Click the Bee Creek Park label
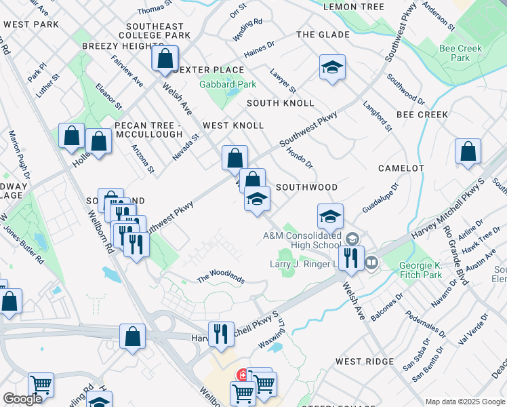point(460,53)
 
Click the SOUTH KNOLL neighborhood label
point(281,103)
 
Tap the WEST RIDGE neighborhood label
point(364,362)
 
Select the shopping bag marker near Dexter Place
point(165,59)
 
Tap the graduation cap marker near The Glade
point(332,68)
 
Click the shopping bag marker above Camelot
point(468,152)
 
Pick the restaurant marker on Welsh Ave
point(350,258)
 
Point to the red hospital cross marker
point(242,374)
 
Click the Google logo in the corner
point(22,399)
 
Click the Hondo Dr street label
point(300,157)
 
